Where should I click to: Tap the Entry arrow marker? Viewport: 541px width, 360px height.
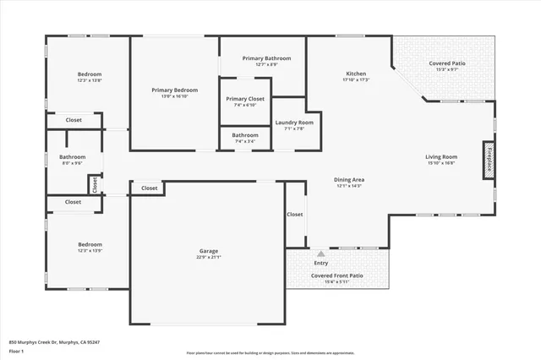[320, 253]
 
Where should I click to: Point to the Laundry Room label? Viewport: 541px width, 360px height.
[294, 123]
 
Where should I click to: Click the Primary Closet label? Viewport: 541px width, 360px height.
[244, 99]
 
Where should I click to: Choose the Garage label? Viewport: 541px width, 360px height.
[209, 251]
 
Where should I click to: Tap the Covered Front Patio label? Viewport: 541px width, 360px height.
[336, 275]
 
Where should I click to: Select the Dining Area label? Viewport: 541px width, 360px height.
[348, 179]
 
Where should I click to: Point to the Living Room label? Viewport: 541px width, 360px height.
[440, 156]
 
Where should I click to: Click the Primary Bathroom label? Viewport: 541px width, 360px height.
[266, 58]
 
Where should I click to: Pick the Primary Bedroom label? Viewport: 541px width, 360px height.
[175, 90]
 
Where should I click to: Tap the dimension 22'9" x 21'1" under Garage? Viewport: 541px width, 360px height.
[209, 258]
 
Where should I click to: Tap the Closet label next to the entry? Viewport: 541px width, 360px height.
[294, 215]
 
